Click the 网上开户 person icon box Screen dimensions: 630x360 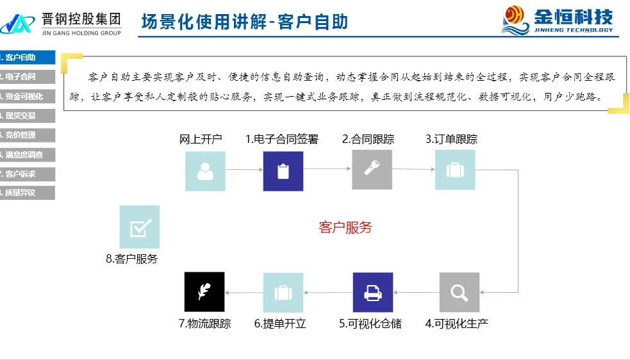tap(205, 171)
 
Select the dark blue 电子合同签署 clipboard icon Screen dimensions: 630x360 tap(283, 171)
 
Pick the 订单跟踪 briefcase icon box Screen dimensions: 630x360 tap(455, 170)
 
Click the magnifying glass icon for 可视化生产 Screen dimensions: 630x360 tap(459, 292)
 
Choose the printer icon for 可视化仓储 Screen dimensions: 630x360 tap(372, 292)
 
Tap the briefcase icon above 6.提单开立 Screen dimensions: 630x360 tap(283, 293)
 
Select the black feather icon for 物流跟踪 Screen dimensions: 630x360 tap(204, 291)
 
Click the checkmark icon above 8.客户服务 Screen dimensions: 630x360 tap(140, 227)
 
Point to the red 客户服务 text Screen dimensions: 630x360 tap(345, 227)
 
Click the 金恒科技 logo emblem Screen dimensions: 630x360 tap(516, 19)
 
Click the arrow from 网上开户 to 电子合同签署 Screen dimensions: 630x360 tap(244, 170)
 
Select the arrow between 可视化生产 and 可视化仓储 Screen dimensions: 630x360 tap(415, 293)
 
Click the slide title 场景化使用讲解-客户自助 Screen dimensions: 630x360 tap(245, 22)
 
